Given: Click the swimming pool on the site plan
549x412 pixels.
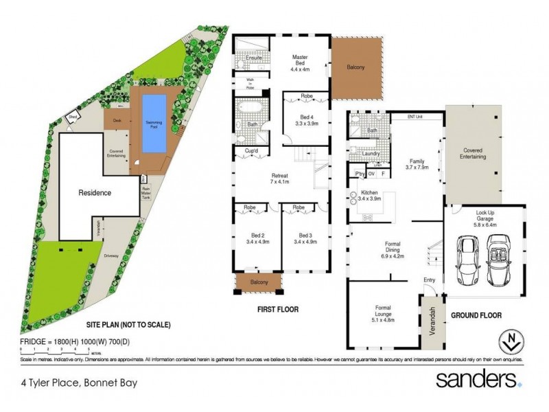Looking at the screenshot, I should (154, 124).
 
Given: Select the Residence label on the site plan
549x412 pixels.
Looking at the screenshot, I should (94, 193).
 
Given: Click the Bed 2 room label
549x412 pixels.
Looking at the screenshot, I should (257, 238).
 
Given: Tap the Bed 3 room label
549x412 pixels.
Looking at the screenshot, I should (304, 238).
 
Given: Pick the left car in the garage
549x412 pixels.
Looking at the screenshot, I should (467, 255).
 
